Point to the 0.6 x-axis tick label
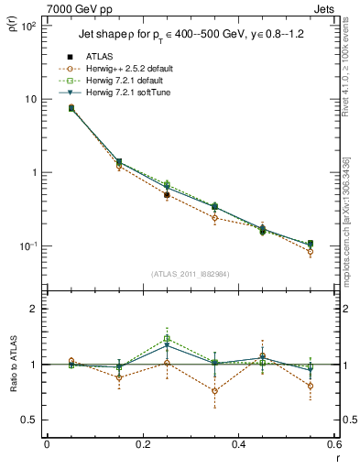coord(333,444)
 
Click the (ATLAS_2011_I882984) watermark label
coord(191,274)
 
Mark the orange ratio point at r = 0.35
coord(215,391)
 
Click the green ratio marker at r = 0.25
coord(167,339)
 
